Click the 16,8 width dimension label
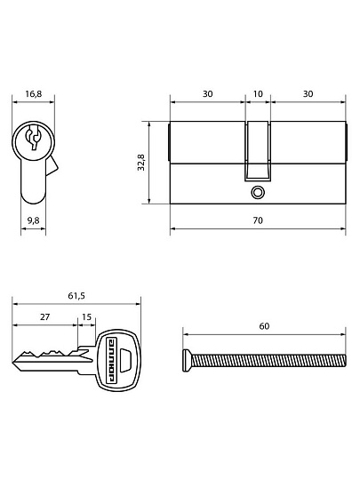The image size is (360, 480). coord(34,93)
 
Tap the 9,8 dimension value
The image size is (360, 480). coord(34,220)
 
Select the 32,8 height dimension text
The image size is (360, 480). coord(141,163)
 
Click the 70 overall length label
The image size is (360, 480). coord(258,220)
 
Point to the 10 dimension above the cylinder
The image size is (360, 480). coord(258,93)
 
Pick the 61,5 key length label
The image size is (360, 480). coord(76,296)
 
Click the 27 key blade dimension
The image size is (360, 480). coord(45,316)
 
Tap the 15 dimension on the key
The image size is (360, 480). coord(87,316)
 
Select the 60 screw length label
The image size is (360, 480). coord(264,326)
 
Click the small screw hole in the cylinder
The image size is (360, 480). coord(258,193)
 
